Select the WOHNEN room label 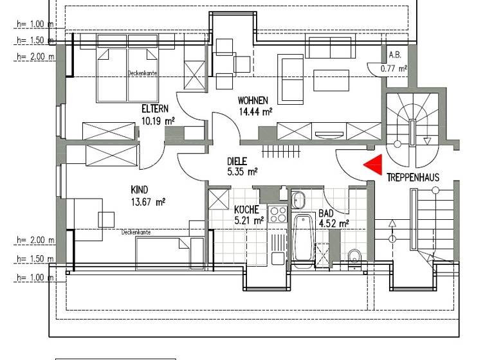point(253,100)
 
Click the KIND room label point(139,190)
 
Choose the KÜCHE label point(246,210)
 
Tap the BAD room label point(326,214)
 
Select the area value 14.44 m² point(255,111)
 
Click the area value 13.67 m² point(148,201)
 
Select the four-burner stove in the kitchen point(278,213)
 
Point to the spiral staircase point(411,122)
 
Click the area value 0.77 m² point(394,67)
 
